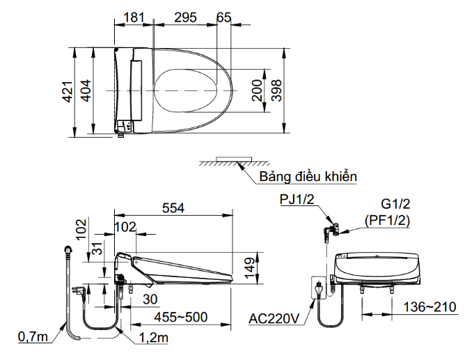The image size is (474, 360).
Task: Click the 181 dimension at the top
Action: pyautogui.click(x=134, y=17)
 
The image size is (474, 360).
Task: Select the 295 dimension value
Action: pyautogui.click(x=185, y=17)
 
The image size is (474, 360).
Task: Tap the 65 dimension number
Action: pyautogui.click(x=224, y=17)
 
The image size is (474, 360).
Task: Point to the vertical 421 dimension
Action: pyautogui.click(x=68, y=91)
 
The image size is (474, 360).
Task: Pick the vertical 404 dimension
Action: pyautogui.click(x=85, y=91)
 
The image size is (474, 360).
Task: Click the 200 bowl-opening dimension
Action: pyautogui.click(x=258, y=90)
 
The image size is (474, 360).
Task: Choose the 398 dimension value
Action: pyautogui.click(x=276, y=90)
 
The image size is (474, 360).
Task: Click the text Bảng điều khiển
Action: pyautogui.click(x=308, y=176)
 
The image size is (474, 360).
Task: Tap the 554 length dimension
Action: pyautogui.click(x=173, y=208)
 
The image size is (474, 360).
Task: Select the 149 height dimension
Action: pyautogui.click(x=249, y=268)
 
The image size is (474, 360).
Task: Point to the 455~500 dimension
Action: pyautogui.click(x=181, y=317)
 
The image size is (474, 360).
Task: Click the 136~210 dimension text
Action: pyautogui.click(x=430, y=307)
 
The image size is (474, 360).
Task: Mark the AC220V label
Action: pyautogui.click(x=274, y=318)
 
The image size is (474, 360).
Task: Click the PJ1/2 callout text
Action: pyautogui.click(x=297, y=199)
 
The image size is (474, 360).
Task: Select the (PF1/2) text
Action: pyautogui.click(x=387, y=221)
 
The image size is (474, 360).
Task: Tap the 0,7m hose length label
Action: pyautogui.click(x=33, y=337)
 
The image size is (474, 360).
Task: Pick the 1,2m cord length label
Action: pyautogui.click(x=154, y=338)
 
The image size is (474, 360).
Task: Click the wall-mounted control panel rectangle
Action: pyautogui.click(x=234, y=159)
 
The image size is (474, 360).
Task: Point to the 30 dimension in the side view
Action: pyautogui.click(x=150, y=299)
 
